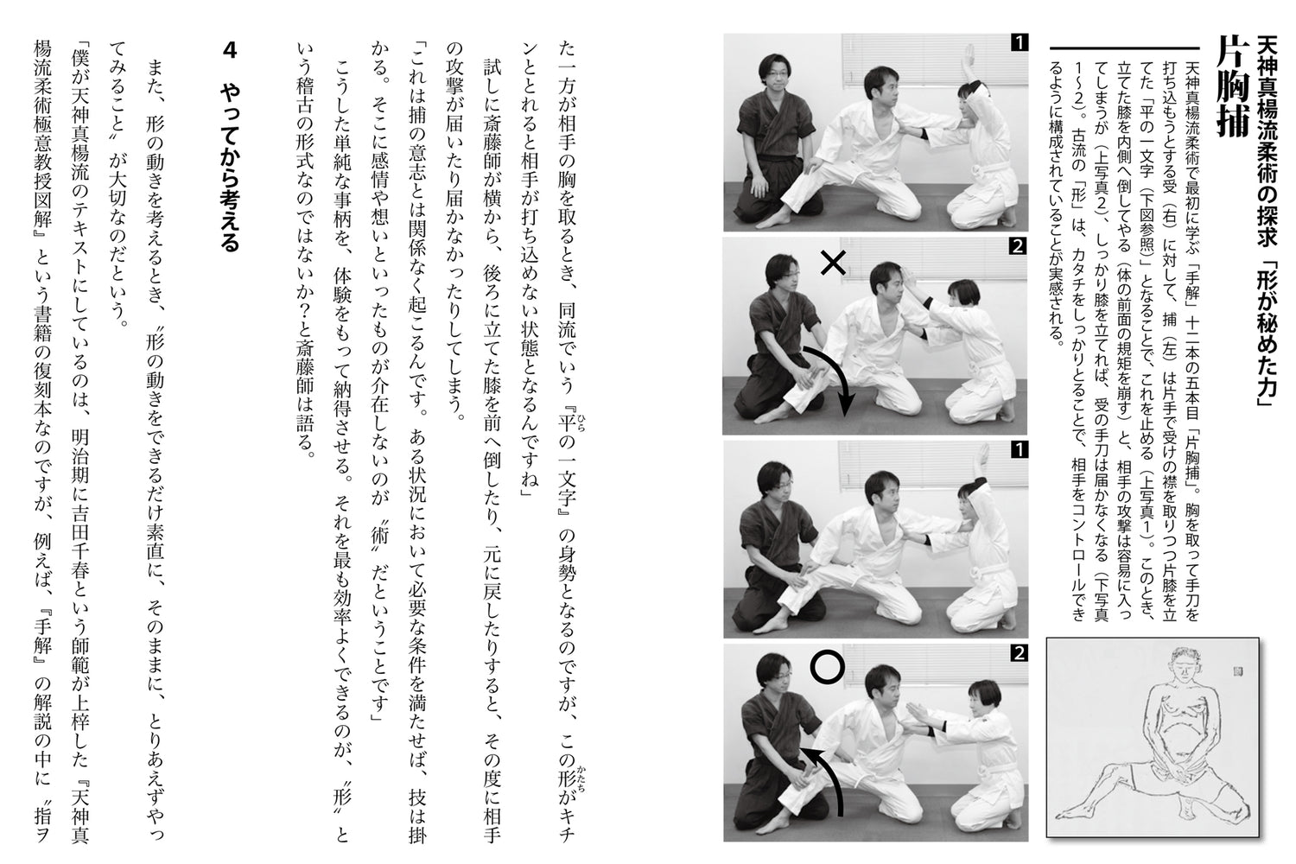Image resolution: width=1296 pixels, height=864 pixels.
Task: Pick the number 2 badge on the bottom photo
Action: point(1020,654)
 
